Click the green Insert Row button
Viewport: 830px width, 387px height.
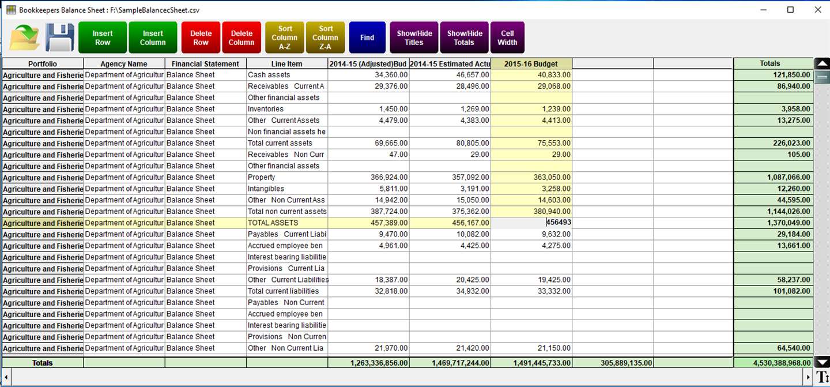103,37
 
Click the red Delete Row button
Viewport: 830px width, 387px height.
201,37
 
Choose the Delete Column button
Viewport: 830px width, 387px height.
242,37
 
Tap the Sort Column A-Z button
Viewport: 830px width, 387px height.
285,37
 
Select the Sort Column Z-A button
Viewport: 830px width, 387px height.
326,37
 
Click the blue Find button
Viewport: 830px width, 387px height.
367,37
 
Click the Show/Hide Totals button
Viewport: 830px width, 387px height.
464,37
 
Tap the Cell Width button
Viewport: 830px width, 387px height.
507,37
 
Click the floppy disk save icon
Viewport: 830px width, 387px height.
59,37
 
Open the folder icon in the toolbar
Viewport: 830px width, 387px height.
25,37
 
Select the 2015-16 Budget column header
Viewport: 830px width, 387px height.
531,64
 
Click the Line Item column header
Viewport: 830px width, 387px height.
286,64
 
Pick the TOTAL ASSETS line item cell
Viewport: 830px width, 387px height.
286,223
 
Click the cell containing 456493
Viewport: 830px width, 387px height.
531,223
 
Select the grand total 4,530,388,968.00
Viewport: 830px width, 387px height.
773,363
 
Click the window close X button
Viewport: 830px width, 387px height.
817,10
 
